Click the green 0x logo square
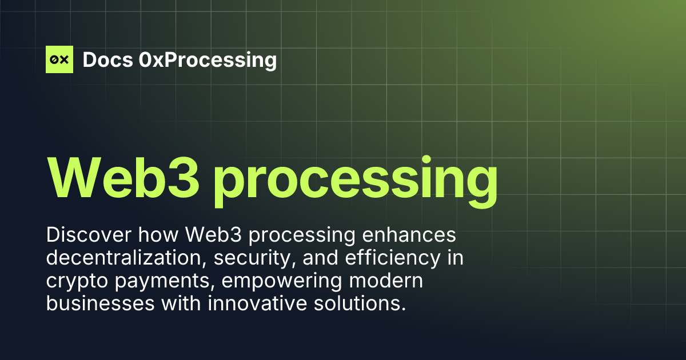[x=59, y=59]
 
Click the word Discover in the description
[x=85, y=235]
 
